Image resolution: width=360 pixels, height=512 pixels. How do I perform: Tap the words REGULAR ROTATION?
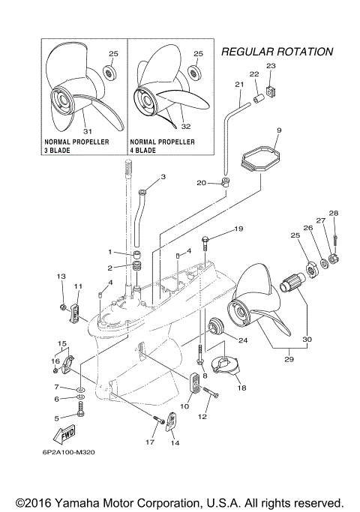[x=277, y=52]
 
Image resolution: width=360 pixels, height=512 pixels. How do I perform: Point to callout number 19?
[x=238, y=228]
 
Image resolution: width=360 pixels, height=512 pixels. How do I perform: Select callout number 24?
[x=242, y=340]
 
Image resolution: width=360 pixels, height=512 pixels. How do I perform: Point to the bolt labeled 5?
[x=81, y=411]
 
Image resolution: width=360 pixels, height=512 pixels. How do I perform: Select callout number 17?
[x=150, y=442]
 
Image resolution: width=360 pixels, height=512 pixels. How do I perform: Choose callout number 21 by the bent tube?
[x=240, y=85]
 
